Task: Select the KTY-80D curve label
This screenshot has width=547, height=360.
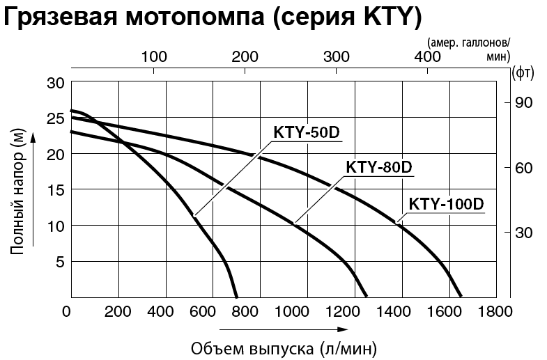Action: tap(379, 169)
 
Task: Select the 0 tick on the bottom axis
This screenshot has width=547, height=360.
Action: tap(68, 311)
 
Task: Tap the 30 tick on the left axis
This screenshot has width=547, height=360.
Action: tap(56, 83)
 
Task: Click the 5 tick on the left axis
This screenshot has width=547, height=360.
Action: tap(59, 262)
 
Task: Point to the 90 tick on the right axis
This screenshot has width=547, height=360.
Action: tap(523, 103)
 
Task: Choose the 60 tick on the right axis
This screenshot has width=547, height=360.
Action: tap(523, 168)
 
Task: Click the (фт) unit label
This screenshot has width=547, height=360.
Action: tap(522, 71)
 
